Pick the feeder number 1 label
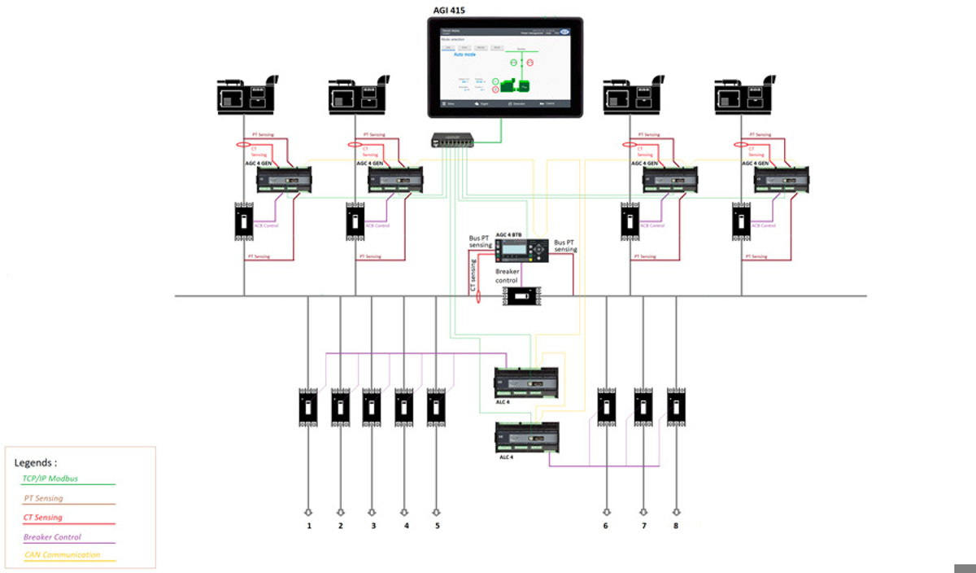pos(309,526)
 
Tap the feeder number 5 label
pos(437,526)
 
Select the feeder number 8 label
pos(676,526)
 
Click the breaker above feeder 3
pos(372,406)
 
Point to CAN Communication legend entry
pos(61,555)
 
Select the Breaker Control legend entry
pos(52,536)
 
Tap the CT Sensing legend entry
pos(43,517)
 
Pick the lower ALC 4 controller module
pos(528,437)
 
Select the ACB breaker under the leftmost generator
pos(244,221)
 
